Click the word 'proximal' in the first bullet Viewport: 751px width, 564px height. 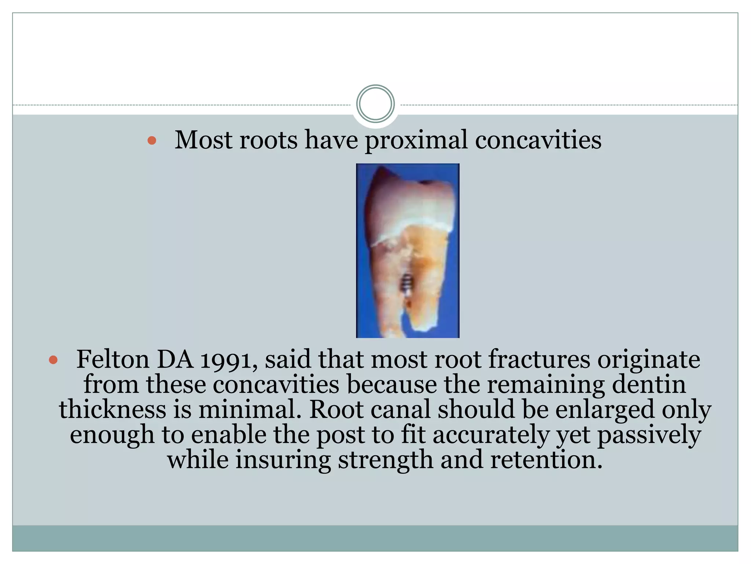416,140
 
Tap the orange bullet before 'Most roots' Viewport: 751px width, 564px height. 152,140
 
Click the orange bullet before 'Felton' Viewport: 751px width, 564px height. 53,360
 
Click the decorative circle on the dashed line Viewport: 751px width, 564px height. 375,104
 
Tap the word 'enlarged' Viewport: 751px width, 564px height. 605,410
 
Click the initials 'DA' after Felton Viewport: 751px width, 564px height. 175,360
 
